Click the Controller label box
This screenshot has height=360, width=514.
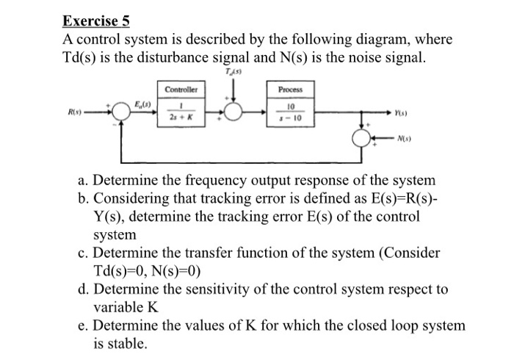tap(181, 89)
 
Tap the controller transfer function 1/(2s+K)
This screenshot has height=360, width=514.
tap(181, 114)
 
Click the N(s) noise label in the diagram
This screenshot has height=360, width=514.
tap(403, 137)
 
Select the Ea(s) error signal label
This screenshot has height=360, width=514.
tap(142, 105)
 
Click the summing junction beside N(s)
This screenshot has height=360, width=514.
tap(362, 137)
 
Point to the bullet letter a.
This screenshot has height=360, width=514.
tap(83, 180)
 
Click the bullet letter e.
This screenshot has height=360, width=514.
tap(83, 325)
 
